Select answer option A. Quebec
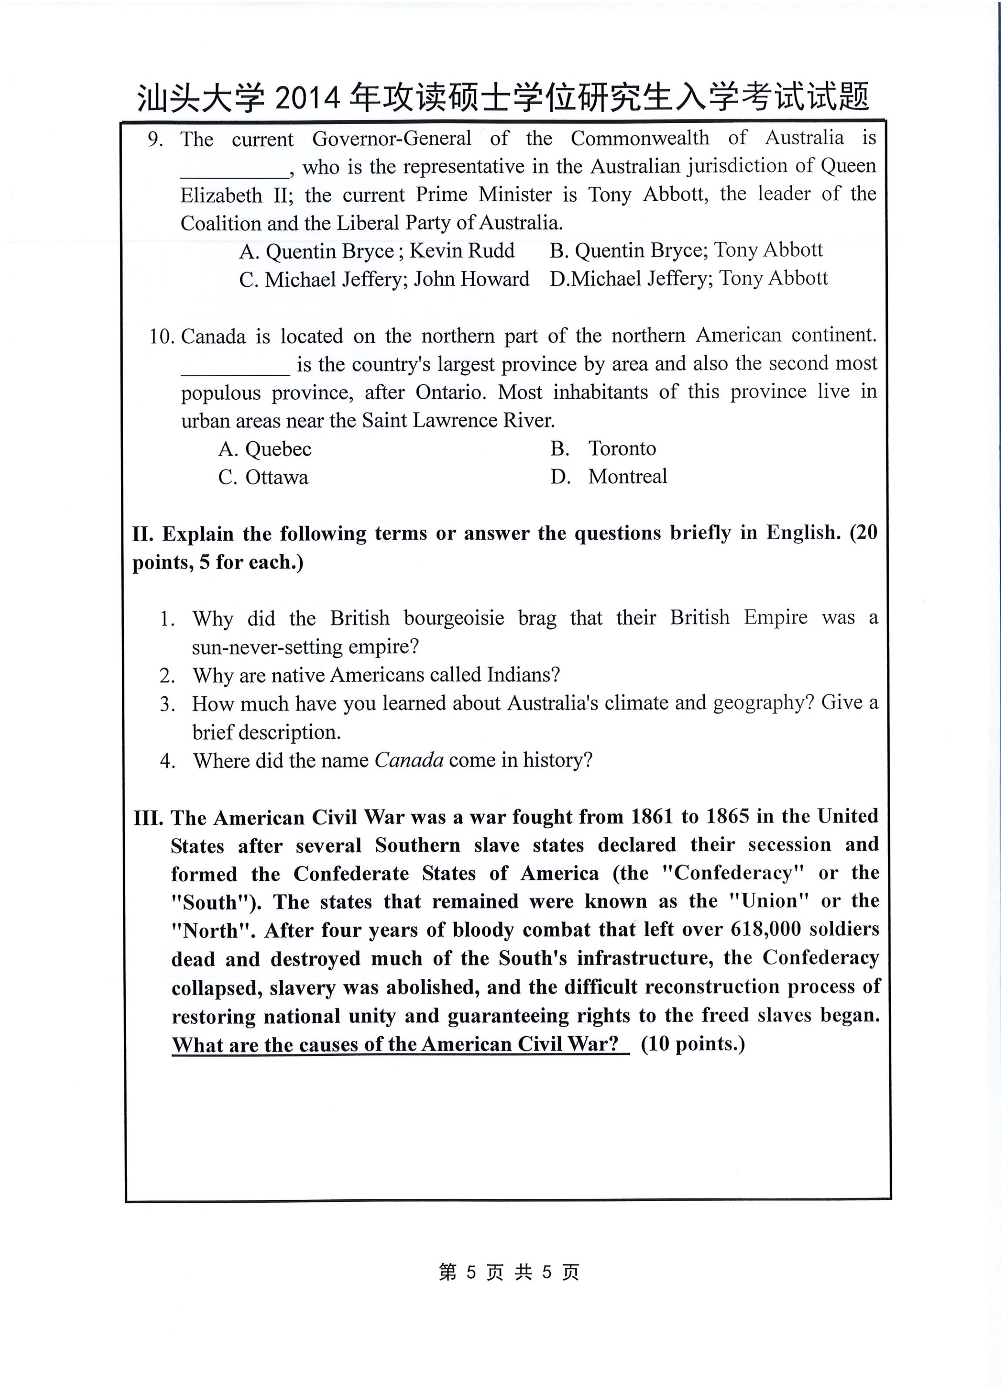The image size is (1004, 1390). (x=265, y=449)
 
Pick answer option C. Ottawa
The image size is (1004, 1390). (x=263, y=477)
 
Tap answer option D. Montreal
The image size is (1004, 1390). (x=608, y=477)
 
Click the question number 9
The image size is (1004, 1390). (x=155, y=140)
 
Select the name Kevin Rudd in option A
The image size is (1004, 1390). (x=462, y=251)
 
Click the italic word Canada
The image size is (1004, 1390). (x=409, y=760)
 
